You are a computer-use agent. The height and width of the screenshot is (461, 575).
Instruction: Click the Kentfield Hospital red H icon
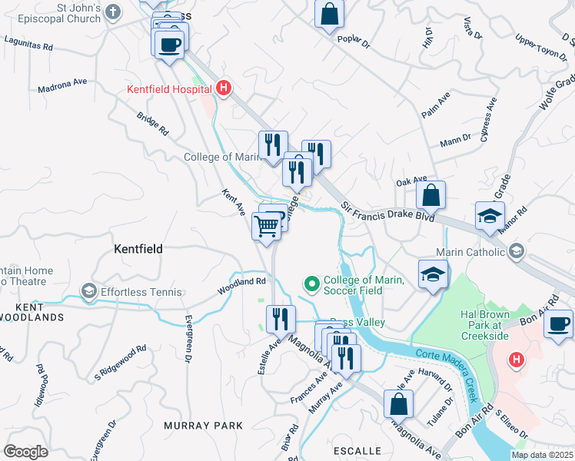(223, 89)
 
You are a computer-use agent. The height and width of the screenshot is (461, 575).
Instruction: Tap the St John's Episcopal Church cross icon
(113, 12)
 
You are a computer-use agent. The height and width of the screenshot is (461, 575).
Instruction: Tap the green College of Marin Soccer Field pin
(312, 285)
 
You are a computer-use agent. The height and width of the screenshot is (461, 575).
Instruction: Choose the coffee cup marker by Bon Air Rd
(558, 323)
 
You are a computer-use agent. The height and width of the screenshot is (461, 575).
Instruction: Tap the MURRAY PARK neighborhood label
(203, 425)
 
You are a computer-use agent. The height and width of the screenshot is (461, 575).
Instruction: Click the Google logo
(25, 452)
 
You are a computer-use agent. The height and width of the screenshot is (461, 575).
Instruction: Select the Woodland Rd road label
(247, 282)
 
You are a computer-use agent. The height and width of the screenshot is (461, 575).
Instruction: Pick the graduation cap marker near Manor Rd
(490, 216)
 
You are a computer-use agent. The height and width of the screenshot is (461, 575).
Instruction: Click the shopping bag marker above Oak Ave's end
(432, 194)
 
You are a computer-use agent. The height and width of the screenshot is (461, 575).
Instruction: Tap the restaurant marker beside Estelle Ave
(281, 318)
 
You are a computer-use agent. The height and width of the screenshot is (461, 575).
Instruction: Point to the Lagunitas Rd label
(29, 44)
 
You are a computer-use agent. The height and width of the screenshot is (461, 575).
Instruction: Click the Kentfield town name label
(138, 249)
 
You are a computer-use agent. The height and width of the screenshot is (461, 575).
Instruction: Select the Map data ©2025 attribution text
(543, 455)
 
